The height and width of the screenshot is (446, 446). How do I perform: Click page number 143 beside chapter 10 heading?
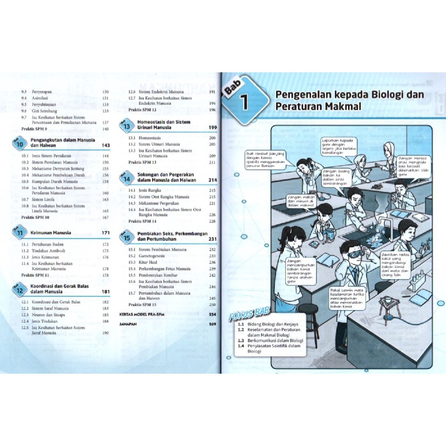coord(105,145)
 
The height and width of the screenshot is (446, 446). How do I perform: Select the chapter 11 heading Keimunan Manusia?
coord(51,233)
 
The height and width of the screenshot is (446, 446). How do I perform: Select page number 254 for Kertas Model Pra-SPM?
coord(213,314)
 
